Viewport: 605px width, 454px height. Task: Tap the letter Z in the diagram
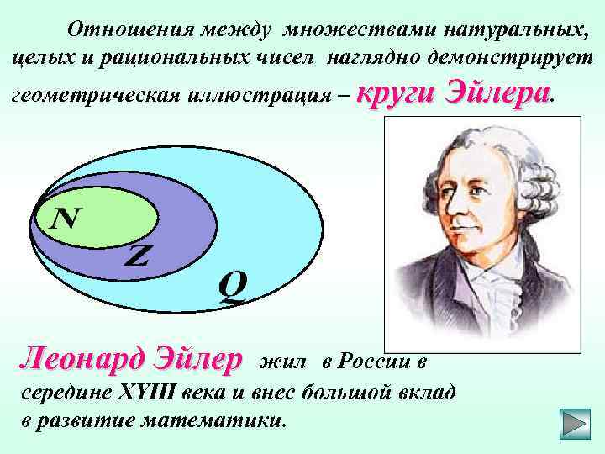tap(137, 256)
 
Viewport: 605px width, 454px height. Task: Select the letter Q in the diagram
tap(233, 288)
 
